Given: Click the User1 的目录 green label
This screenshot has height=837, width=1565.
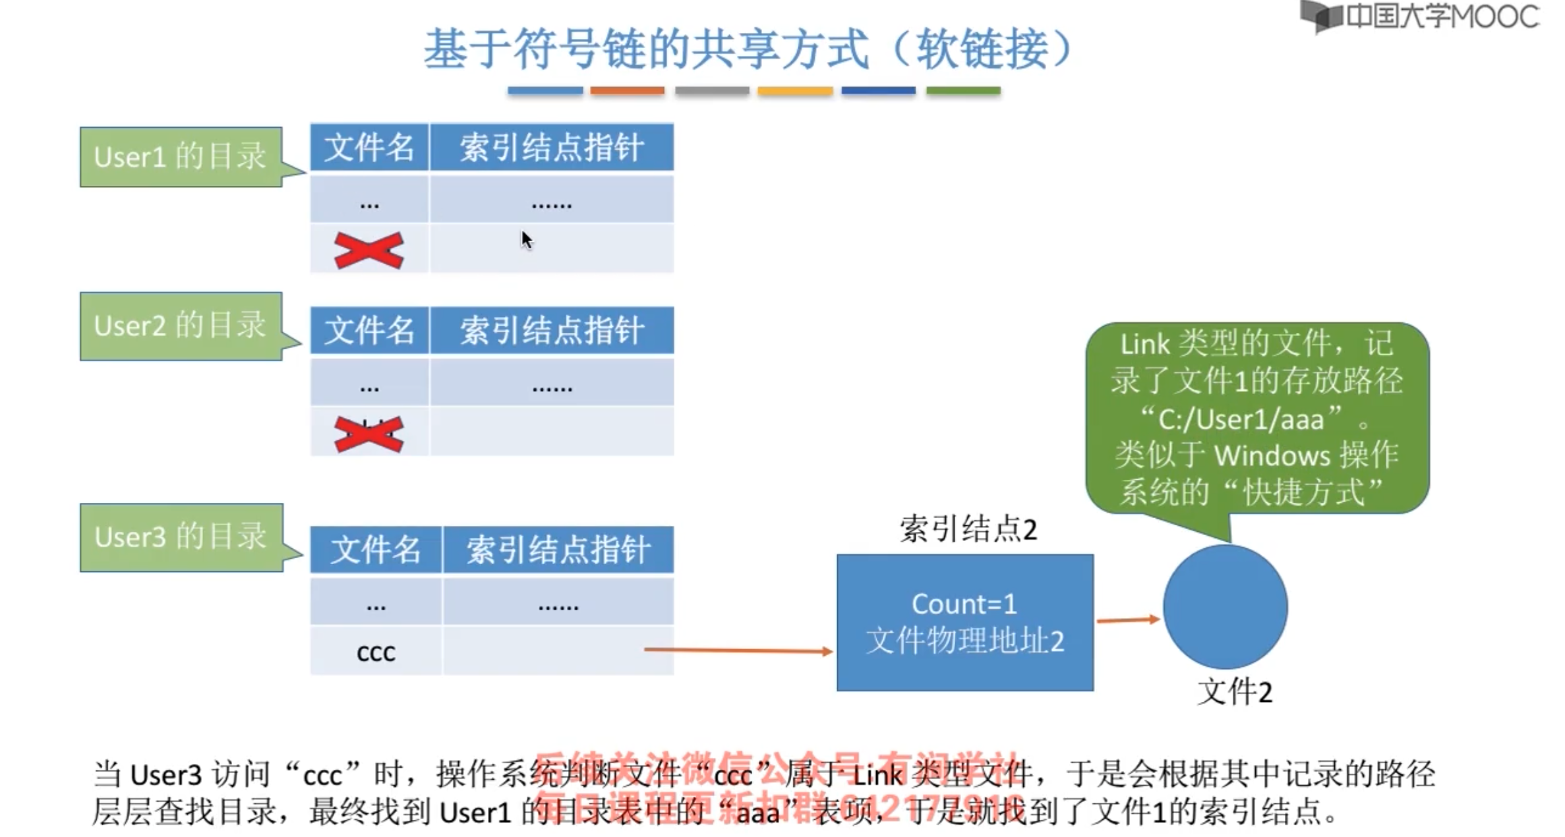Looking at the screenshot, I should click(180, 157).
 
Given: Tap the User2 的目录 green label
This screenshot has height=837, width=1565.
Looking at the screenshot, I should click(180, 326).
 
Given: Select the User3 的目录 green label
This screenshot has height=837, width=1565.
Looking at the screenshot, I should click(180, 537).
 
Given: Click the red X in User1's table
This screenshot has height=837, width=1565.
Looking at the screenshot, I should click(369, 250).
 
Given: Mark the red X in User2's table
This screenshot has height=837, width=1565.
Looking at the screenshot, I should click(369, 434).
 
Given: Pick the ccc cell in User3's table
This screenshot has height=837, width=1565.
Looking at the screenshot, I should click(376, 652).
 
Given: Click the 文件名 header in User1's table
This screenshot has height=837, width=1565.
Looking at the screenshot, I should click(369, 147).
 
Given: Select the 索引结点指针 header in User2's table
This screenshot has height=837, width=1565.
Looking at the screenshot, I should click(552, 330).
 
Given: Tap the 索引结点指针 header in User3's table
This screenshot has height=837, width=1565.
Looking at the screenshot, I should click(558, 550).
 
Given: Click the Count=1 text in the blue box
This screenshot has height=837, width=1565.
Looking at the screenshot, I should click(964, 604).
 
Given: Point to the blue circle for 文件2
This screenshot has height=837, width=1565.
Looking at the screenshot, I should click(1225, 606).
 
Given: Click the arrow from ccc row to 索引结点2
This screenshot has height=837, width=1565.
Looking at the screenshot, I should click(738, 650).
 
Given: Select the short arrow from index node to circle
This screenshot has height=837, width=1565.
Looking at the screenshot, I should click(1128, 620).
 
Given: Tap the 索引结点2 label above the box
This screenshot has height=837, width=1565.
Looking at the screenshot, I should click(968, 529).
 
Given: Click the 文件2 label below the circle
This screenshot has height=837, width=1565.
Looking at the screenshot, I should click(1235, 692).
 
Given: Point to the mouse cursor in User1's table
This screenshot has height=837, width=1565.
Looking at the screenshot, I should click(525, 239).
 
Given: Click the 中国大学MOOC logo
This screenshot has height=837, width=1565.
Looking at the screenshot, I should click(1421, 16).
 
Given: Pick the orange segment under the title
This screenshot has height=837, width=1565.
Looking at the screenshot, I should click(627, 90).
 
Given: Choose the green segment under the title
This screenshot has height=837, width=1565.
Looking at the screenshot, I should click(963, 90).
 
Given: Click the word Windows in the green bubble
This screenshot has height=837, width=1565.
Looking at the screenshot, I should click(1272, 455).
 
